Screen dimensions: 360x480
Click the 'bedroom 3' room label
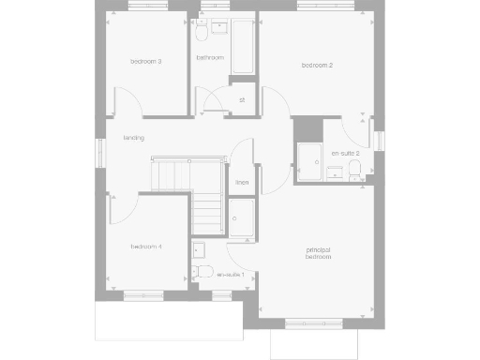pos(146,62)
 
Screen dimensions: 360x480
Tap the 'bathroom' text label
pos(210,58)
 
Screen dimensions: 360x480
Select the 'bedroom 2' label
pos(318,65)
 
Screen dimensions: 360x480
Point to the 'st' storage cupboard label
pos(241,98)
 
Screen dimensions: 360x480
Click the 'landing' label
pos(133,138)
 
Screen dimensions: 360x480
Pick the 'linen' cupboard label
pos(242,182)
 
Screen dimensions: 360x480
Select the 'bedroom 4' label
pos(146,246)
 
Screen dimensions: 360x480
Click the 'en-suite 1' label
pos(231,275)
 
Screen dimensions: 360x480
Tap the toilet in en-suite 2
pos(354,170)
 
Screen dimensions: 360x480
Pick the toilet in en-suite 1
pos(197,273)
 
